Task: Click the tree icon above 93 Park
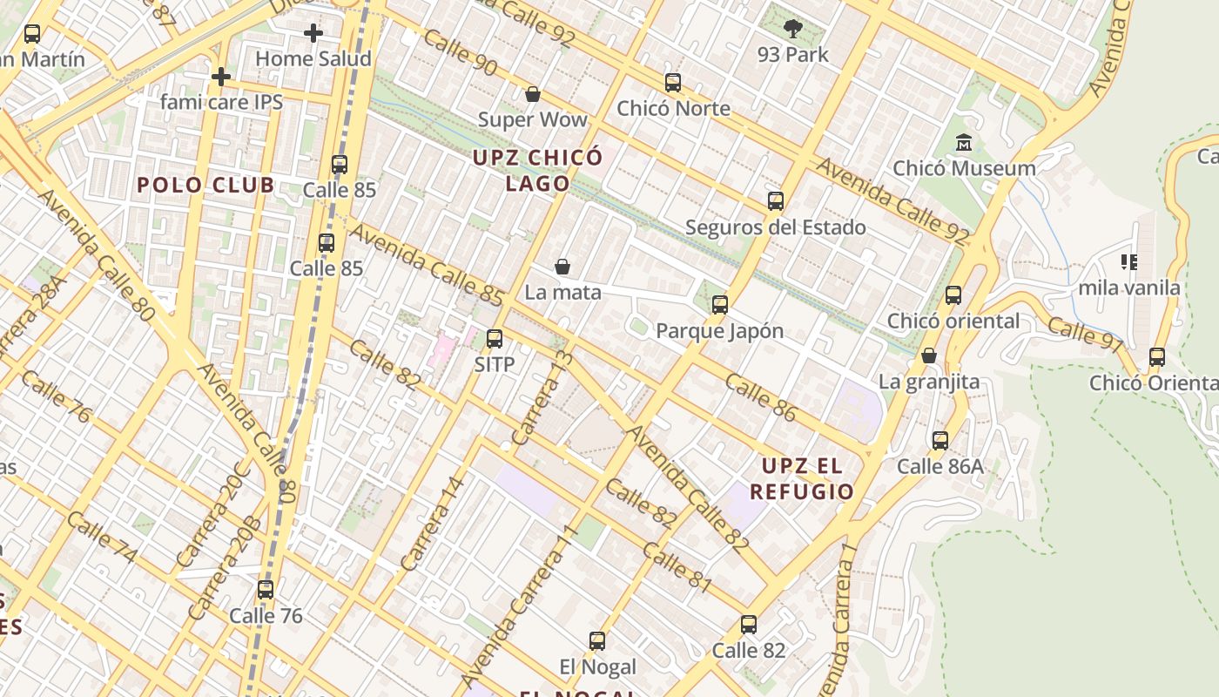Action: click(792, 29)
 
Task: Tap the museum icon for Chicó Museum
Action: click(964, 142)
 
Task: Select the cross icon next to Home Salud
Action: click(313, 33)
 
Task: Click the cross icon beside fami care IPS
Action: click(221, 77)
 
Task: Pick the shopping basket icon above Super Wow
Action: click(533, 93)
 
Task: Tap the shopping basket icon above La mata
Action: click(562, 266)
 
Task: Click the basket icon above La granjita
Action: click(929, 355)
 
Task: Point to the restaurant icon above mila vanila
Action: click(1129, 261)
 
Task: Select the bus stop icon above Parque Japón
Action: click(719, 305)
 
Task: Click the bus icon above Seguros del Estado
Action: click(775, 201)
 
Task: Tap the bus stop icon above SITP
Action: click(495, 338)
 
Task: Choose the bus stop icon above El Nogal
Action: click(597, 641)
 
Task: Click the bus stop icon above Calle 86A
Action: click(940, 440)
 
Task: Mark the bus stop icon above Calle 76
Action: click(266, 590)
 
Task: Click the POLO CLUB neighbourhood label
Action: click(205, 185)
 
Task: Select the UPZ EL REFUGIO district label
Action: click(802, 478)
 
